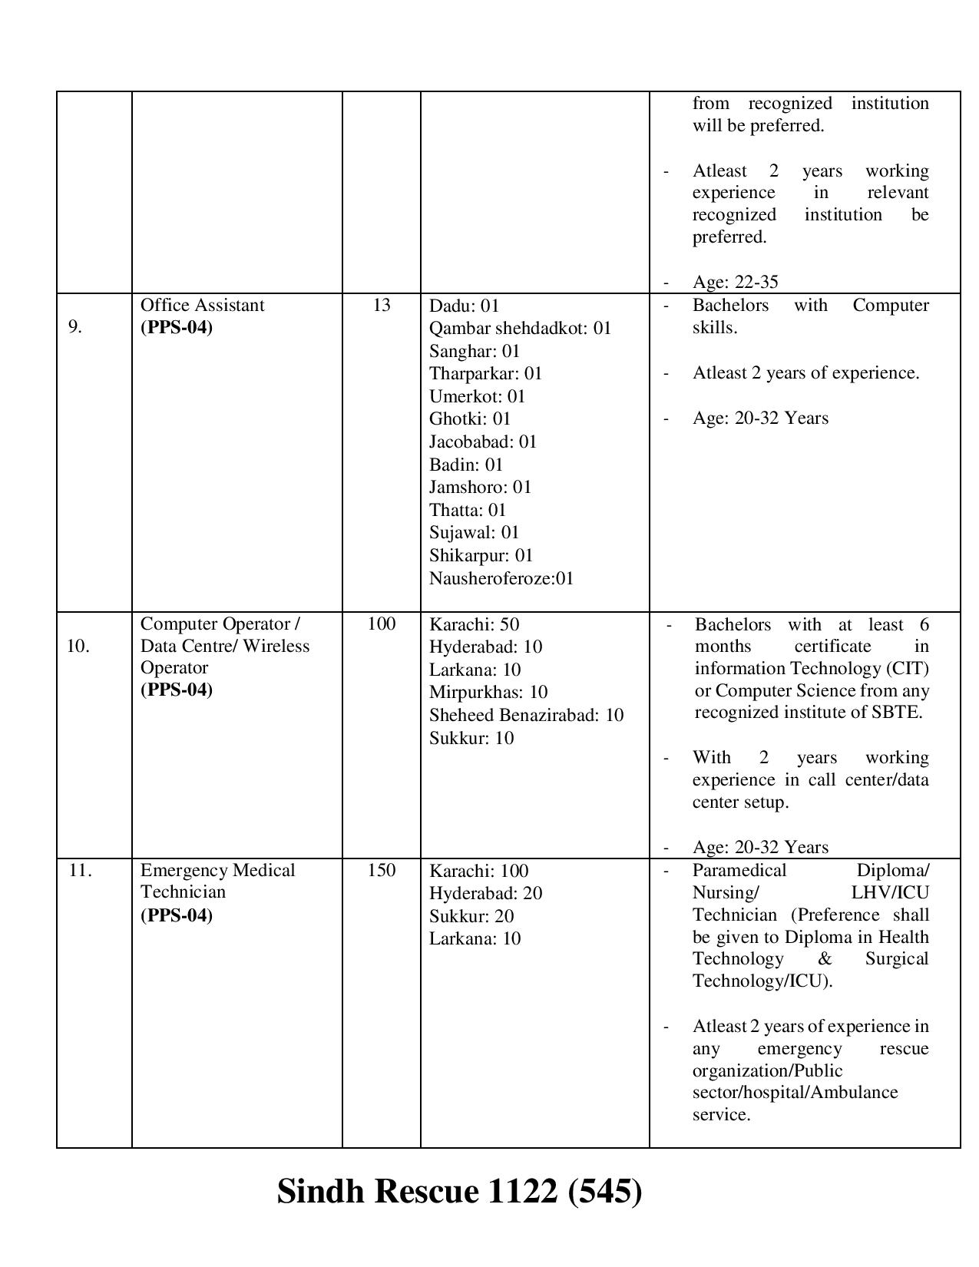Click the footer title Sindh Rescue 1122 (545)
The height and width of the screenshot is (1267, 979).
(459, 1192)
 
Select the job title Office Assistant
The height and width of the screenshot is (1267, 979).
(202, 305)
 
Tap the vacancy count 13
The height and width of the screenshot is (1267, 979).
(382, 305)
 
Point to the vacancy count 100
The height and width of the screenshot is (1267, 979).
(382, 624)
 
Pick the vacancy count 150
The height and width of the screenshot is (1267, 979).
(382, 870)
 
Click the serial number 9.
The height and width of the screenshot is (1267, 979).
(75, 327)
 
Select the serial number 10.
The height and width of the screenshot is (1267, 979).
(78, 646)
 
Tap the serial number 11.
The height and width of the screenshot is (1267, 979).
(80, 870)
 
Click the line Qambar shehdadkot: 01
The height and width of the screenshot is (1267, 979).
(520, 328)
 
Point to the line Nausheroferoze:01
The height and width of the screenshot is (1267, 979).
(501, 578)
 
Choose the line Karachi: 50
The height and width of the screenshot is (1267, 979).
(474, 624)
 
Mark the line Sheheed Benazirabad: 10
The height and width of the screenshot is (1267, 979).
(526, 715)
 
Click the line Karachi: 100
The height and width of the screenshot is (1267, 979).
(478, 871)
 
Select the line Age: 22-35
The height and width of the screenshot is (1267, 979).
(735, 282)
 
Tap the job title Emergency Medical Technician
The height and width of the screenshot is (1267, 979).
(217, 881)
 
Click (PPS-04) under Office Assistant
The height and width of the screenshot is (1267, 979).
(176, 327)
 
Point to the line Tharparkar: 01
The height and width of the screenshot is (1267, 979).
(485, 373)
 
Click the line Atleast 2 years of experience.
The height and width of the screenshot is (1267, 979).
(805, 372)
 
